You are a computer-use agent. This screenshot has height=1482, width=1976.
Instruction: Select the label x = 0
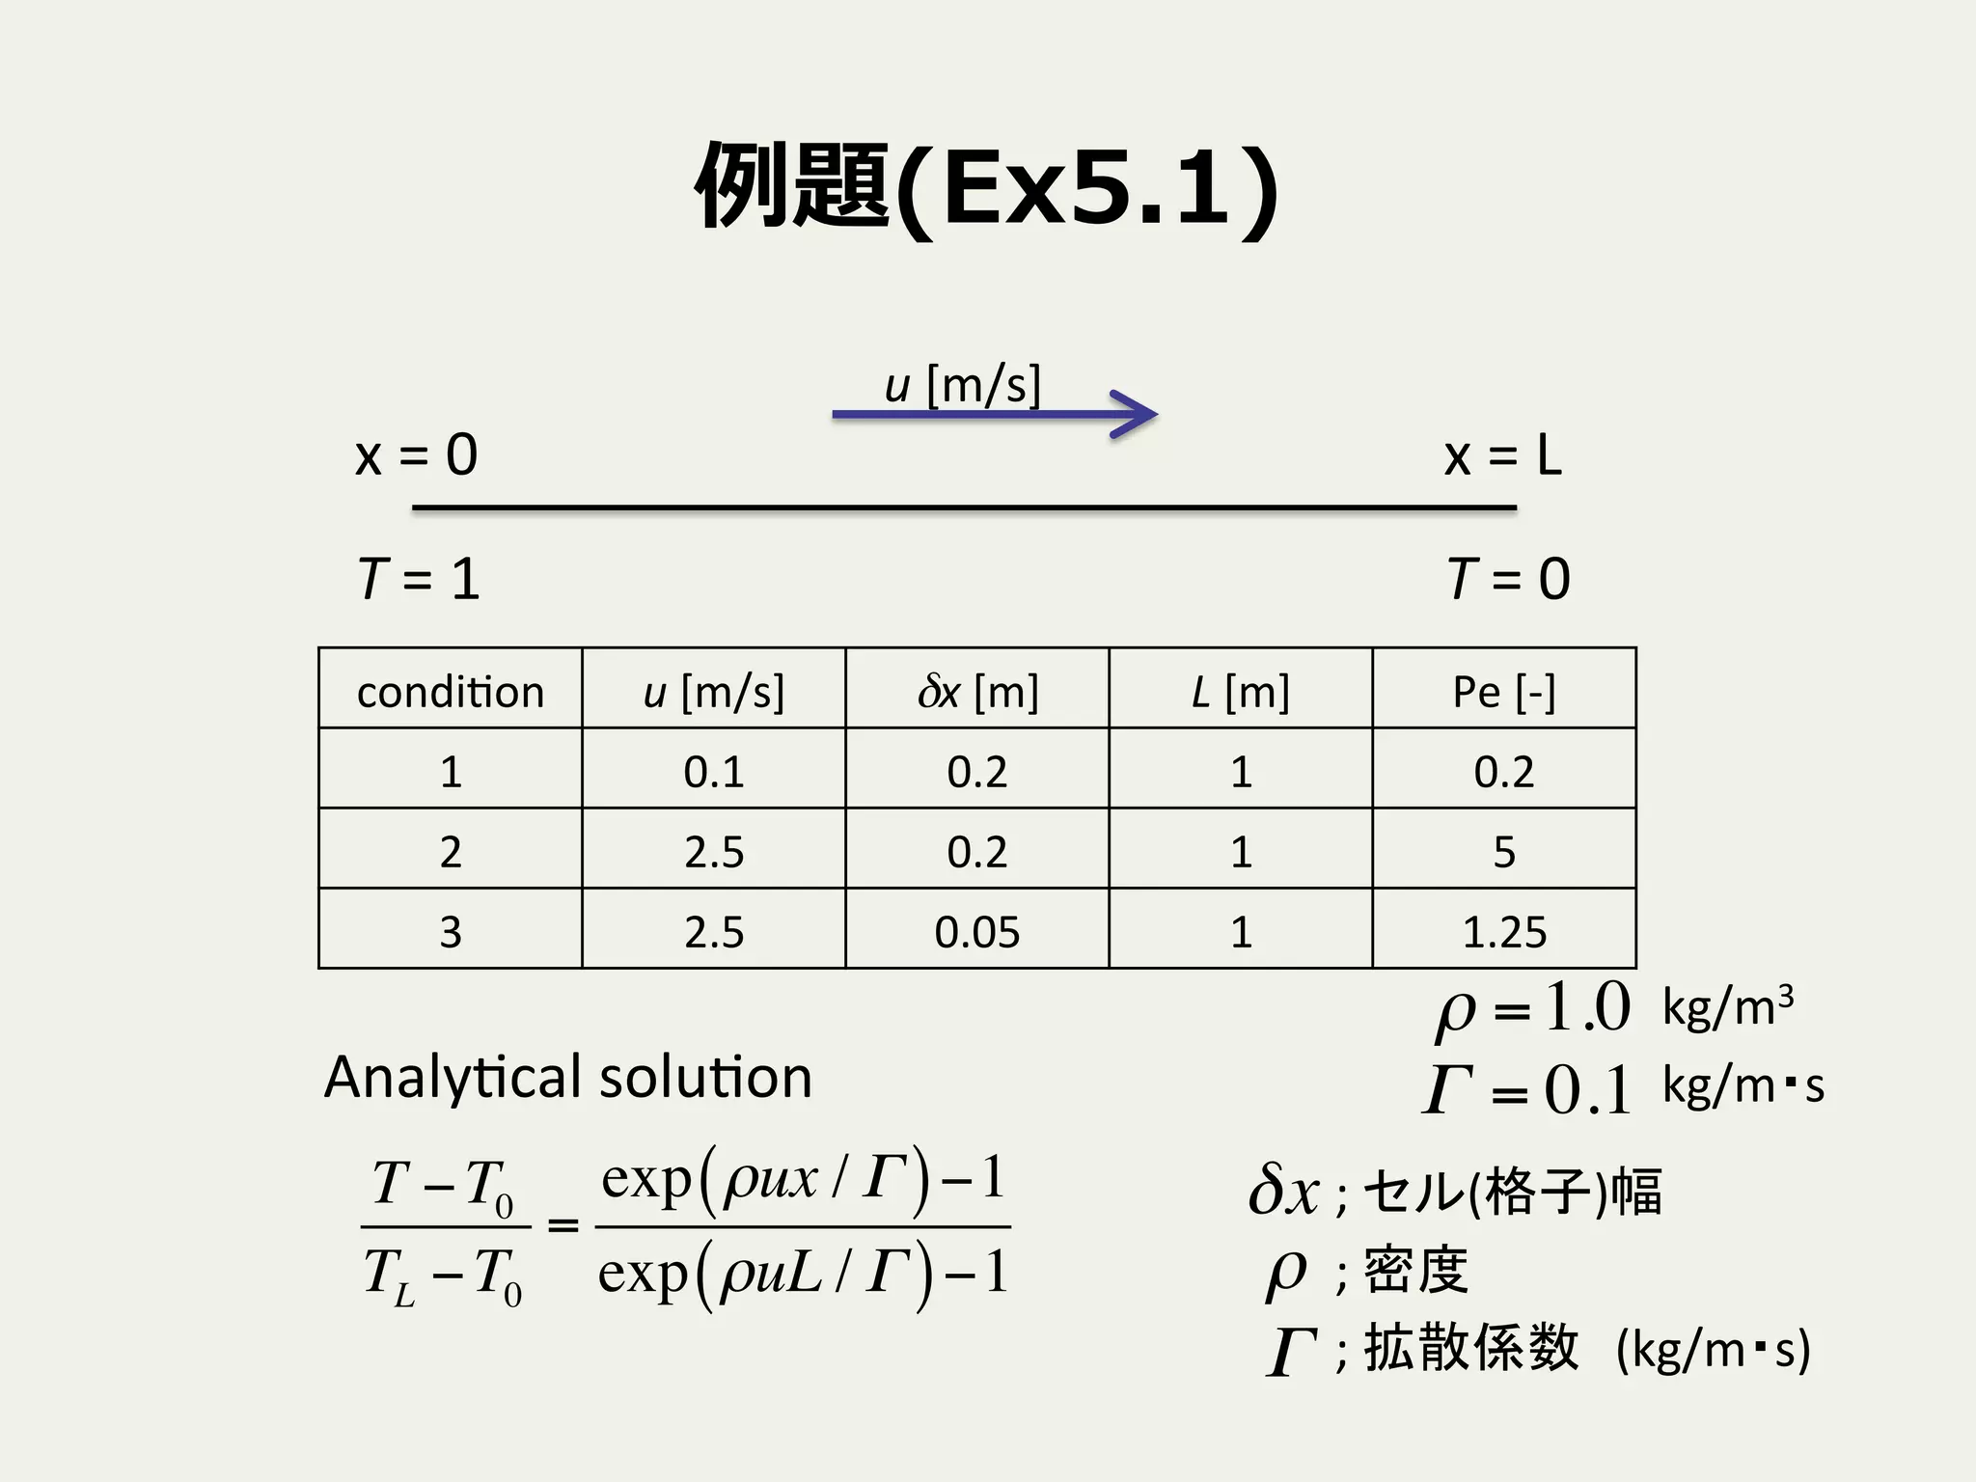click(x=416, y=455)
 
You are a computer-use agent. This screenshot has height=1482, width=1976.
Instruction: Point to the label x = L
click(x=1502, y=455)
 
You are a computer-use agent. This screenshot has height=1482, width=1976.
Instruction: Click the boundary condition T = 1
click(x=418, y=579)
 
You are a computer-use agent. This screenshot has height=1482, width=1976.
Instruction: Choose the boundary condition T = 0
click(x=1508, y=579)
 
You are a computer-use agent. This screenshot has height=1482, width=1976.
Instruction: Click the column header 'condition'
click(x=451, y=692)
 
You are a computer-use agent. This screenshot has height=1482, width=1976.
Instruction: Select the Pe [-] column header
click(x=1504, y=692)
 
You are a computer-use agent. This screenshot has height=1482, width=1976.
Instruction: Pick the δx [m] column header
click(x=977, y=692)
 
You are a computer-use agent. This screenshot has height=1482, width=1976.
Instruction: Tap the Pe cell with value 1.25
click(x=1504, y=932)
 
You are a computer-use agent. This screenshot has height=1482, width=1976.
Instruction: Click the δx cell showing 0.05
click(x=977, y=932)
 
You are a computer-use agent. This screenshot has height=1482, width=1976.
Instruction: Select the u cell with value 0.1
click(x=714, y=772)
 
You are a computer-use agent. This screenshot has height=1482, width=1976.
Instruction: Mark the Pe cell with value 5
click(x=1504, y=852)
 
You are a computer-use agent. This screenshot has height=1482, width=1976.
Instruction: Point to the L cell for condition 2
click(x=1241, y=852)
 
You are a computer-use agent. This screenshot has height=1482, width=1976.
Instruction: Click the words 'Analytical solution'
click(x=568, y=1077)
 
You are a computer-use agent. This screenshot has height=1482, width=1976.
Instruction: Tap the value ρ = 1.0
click(x=1534, y=1009)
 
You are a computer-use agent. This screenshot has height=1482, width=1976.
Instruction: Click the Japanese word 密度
click(x=1416, y=1271)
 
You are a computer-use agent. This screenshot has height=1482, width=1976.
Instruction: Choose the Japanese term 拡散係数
click(x=1471, y=1348)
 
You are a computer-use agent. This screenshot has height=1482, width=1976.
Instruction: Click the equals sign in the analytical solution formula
click(x=563, y=1226)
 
